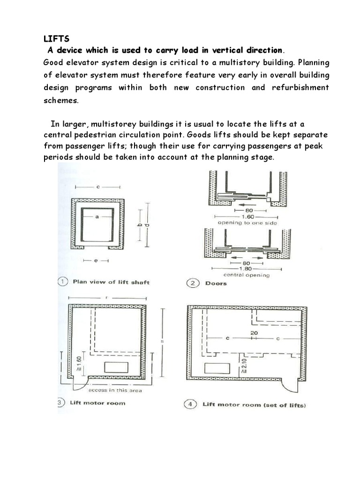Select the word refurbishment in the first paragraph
pyautogui.click(x=300, y=88)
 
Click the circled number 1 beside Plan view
pyautogui.click(x=63, y=282)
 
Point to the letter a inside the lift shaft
pyautogui.click(x=97, y=217)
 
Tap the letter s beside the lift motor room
pyautogui.click(x=162, y=342)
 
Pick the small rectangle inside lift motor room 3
pyautogui.click(x=116, y=367)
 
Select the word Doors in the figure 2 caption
pyautogui.click(x=216, y=283)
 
